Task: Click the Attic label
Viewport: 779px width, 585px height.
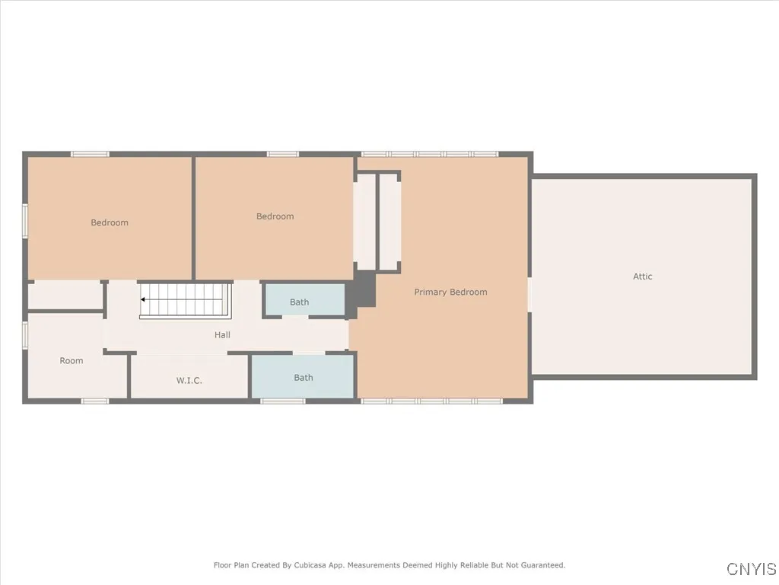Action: [643, 277]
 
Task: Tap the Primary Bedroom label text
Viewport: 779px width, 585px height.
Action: [450, 292]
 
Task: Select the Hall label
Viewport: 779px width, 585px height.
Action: [222, 334]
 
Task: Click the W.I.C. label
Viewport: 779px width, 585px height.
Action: [189, 380]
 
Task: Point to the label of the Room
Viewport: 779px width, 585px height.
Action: [72, 360]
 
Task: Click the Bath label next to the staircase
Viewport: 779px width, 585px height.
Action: [300, 302]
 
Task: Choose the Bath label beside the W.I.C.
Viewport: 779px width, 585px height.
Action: [304, 377]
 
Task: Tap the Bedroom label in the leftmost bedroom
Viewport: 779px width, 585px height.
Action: [110, 222]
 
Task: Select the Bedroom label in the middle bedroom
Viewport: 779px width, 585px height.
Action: [275, 216]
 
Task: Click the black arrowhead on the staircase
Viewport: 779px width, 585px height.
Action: [143, 299]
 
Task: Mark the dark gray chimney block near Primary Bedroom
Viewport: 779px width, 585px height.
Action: [365, 290]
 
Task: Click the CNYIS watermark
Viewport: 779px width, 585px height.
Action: [751, 569]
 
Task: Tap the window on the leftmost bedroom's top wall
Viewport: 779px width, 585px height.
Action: [90, 155]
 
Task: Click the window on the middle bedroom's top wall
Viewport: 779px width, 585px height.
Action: [283, 155]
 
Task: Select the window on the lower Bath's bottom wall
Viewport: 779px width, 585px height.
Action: [283, 401]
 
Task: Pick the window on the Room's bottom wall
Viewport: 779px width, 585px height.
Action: [95, 401]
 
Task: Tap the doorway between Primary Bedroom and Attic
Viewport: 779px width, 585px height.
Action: [529, 294]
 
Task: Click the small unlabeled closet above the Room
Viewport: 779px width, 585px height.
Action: [65, 295]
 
